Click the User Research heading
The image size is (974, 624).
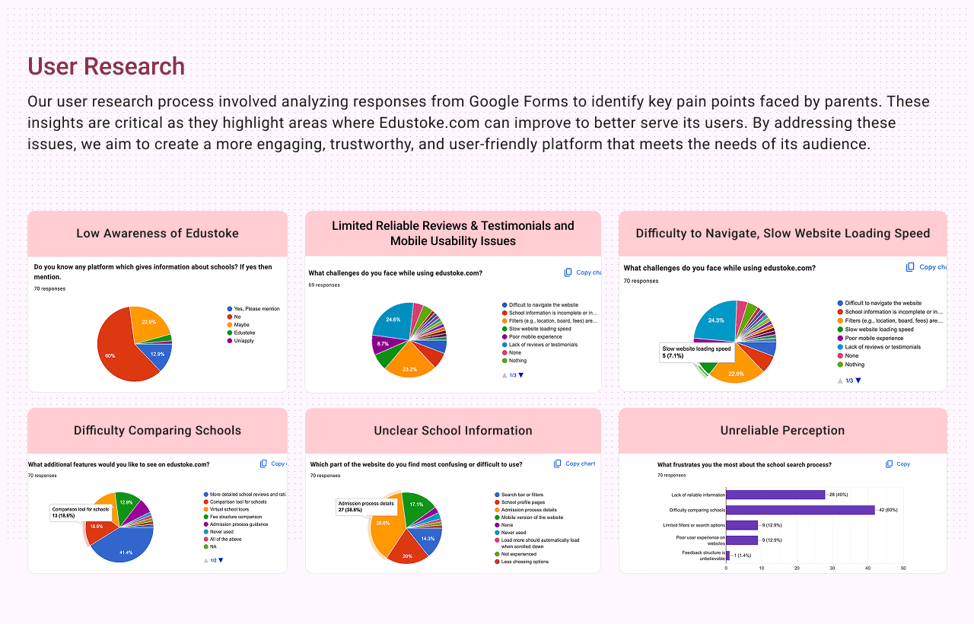click(x=106, y=66)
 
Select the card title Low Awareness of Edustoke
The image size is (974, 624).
click(x=158, y=234)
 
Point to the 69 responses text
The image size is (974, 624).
click(x=324, y=285)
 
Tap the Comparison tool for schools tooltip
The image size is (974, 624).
click(x=81, y=512)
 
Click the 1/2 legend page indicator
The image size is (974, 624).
click(x=214, y=560)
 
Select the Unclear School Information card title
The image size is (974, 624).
click(x=453, y=431)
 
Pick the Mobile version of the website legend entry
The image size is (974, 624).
click(x=532, y=517)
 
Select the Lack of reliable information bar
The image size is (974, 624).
click(x=775, y=495)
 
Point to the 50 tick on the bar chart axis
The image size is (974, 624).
click(x=903, y=568)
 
